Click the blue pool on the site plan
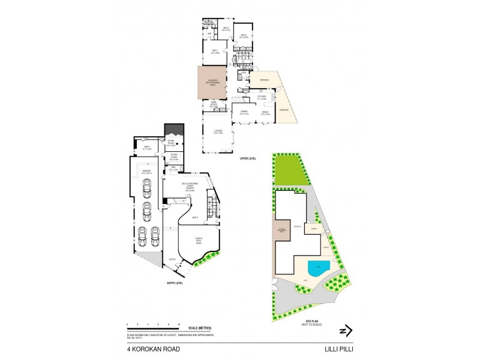coord(317,266)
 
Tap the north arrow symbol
coord(346,331)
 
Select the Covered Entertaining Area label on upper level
coord(212,83)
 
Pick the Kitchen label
coord(262,97)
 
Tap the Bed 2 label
coord(227,29)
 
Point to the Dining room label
coord(244,112)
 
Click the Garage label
coord(146,172)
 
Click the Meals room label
coord(265,112)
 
